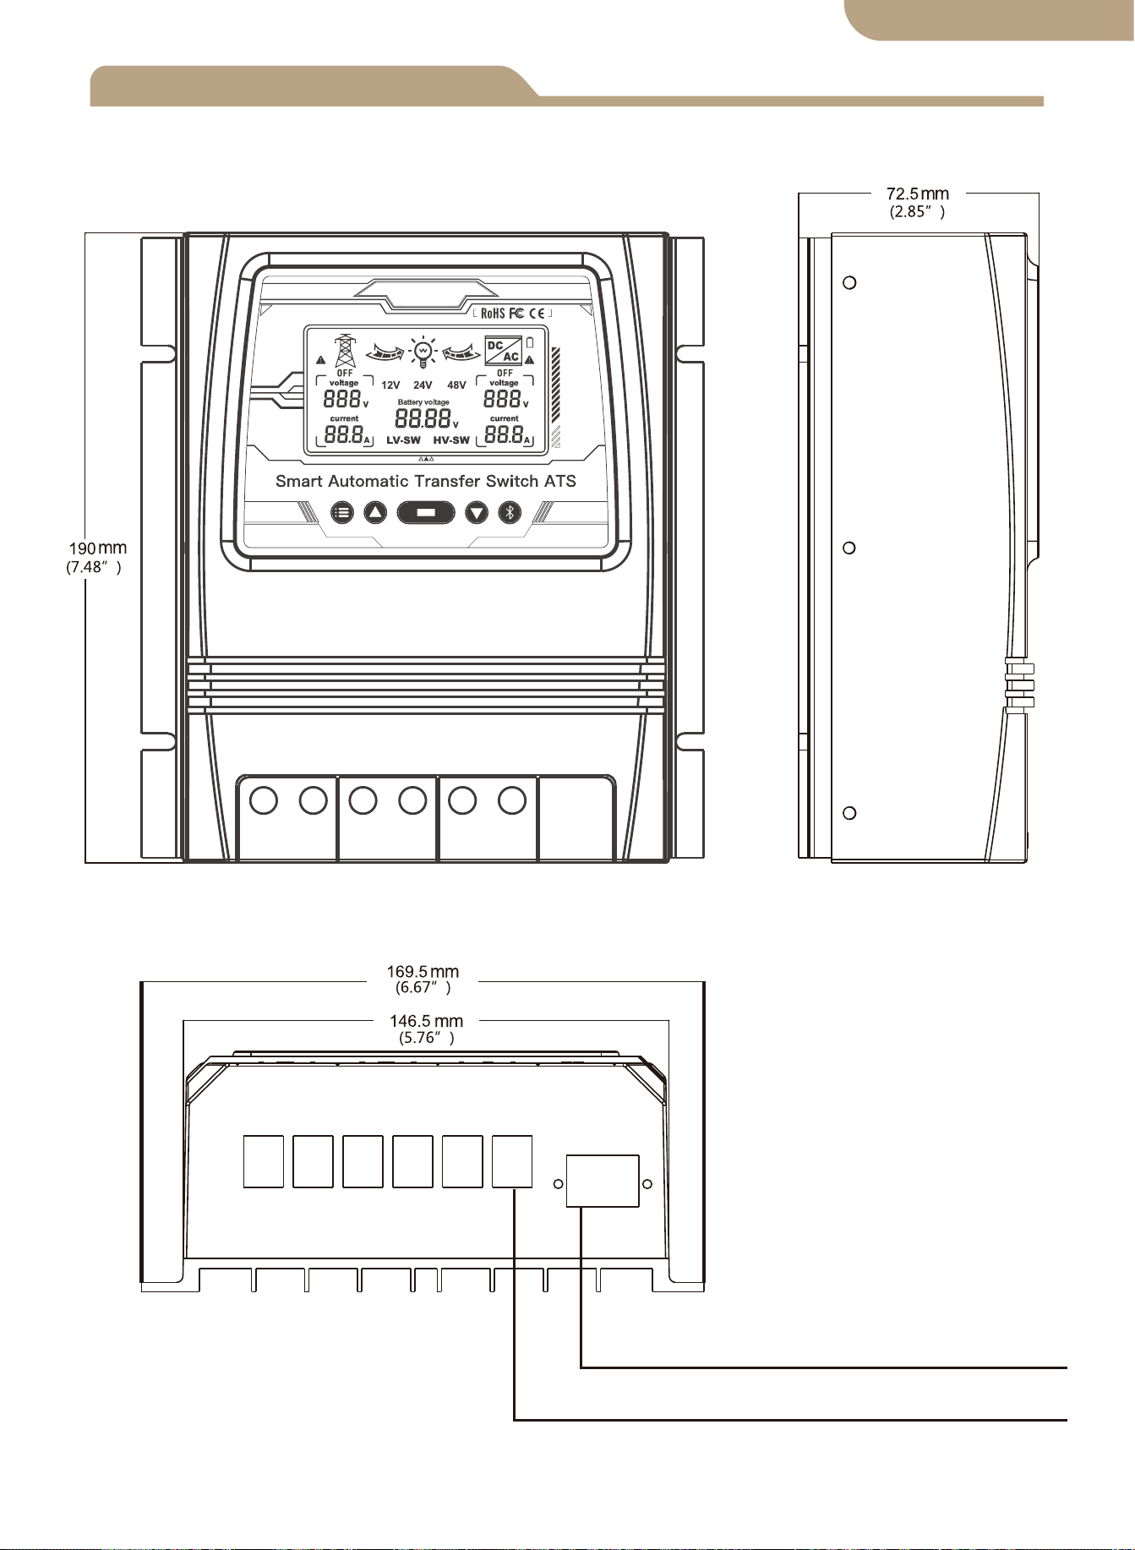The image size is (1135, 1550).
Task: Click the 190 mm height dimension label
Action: click(96, 557)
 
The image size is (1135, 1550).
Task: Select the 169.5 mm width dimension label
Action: click(423, 980)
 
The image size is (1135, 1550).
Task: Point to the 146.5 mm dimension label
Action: click(427, 1029)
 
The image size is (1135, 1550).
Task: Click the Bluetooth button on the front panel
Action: click(510, 512)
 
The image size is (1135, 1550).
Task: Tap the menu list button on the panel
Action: click(341, 512)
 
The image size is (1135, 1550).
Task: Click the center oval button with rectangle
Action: click(426, 512)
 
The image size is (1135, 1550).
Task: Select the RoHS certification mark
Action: click(493, 314)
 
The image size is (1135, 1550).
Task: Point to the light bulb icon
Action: click(422, 351)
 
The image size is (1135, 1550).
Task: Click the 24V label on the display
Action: click(423, 385)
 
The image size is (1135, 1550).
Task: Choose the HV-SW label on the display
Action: click(451, 440)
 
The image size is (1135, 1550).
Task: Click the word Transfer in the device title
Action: click(447, 482)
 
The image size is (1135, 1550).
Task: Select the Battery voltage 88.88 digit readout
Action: click(423, 418)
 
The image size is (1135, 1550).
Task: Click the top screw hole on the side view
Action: click(850, 282)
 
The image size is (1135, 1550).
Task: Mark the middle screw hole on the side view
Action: click(850, 548)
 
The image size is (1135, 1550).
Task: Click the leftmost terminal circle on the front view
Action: click(264, 800)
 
